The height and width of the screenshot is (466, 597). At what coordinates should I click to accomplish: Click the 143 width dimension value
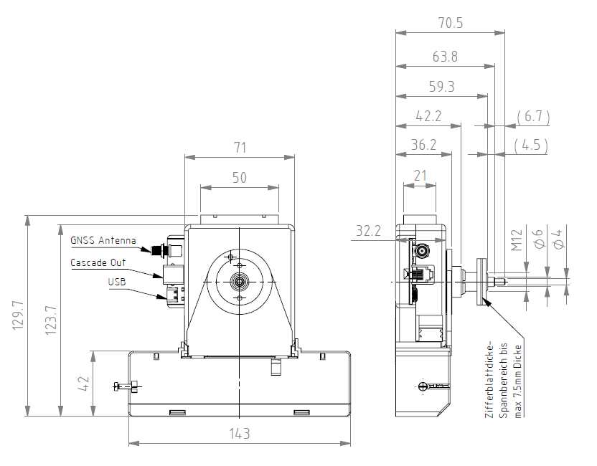[240, 434]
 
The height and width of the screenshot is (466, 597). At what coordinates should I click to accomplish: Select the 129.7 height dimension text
[18, 315]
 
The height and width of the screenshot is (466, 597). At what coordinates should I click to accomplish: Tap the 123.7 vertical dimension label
[51, 320]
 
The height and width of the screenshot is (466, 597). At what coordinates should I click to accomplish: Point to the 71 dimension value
[240, 148]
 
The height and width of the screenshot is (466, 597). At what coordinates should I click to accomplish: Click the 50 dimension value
[240, 178]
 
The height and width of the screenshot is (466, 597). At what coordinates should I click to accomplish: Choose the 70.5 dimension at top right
[451, 23]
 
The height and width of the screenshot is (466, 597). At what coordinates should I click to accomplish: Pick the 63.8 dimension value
[445, 57]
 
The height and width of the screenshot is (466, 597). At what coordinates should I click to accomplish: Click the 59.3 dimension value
[442, 87]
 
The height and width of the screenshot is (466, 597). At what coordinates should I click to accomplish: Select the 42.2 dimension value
[428, 116]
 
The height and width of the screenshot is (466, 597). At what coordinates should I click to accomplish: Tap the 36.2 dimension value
[424, 145]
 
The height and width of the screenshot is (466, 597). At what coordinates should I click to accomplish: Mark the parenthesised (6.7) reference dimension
[533, 116]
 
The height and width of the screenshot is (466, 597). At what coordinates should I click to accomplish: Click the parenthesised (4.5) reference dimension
[531, 145]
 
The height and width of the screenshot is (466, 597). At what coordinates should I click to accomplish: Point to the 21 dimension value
[420, 176]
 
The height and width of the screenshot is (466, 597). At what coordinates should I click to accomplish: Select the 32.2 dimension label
[368, 231]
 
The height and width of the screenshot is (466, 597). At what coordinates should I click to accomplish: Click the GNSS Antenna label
[103, 240]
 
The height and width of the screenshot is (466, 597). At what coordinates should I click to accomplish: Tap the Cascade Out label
[98, 262]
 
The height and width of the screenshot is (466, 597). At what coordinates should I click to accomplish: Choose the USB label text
[117, 282]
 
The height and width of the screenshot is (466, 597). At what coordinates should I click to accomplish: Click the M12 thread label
[517, 240]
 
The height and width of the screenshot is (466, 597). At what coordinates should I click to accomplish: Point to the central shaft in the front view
[240, 282]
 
